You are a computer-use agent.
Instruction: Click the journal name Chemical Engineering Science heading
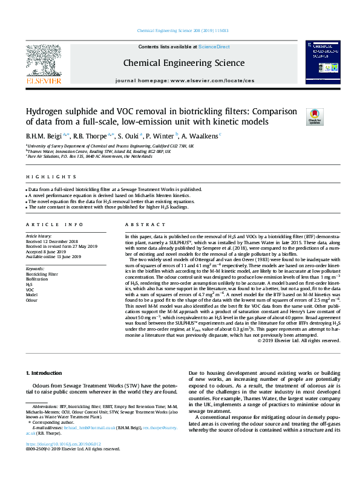pyautogui.click(x=175, y=62)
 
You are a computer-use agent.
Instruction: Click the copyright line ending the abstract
pyautogui.click(x=299, y=340)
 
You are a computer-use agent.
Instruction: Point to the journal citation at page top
pyautogui.click(x=183, y=30)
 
